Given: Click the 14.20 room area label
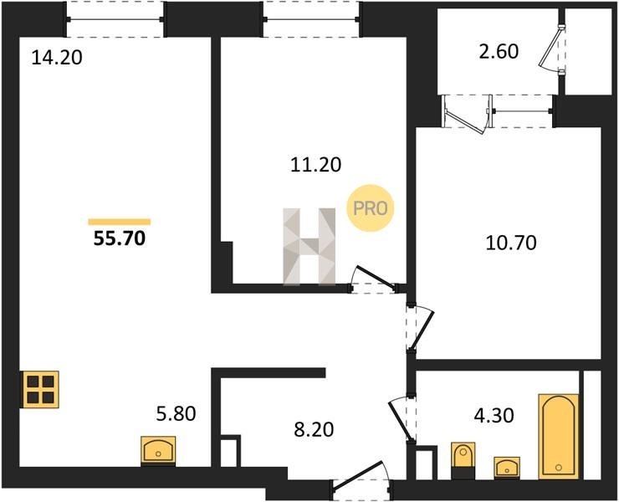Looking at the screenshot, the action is (x=57, y=57).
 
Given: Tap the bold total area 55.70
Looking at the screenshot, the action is (x=120, y=238).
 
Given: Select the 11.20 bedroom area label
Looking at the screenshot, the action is (x=316, y=164).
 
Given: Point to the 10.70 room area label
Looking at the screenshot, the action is (x=511, y=243).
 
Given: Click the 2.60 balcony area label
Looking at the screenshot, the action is (x=499, y=51).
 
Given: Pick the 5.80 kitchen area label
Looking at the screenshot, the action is (x=176, y=413).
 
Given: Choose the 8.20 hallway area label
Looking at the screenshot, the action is (x=314, y=429).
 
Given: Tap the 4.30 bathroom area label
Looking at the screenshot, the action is (x=494, y=415).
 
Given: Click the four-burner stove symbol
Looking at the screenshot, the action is (x=41, y=389).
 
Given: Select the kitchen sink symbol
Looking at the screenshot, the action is (x=158, y=451).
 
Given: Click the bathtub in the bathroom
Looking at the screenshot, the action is (x=559, y=436).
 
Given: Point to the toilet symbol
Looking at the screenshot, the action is (x=463, y=460).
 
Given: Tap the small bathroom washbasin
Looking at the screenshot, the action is (x=507, y=467).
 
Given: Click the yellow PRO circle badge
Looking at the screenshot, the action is (x=371, y=208).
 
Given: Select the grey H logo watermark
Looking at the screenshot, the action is (x=309, y=246).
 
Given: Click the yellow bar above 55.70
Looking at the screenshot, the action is (x=120, y=222).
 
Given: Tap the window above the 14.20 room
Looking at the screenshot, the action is (x=115, y=19).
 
